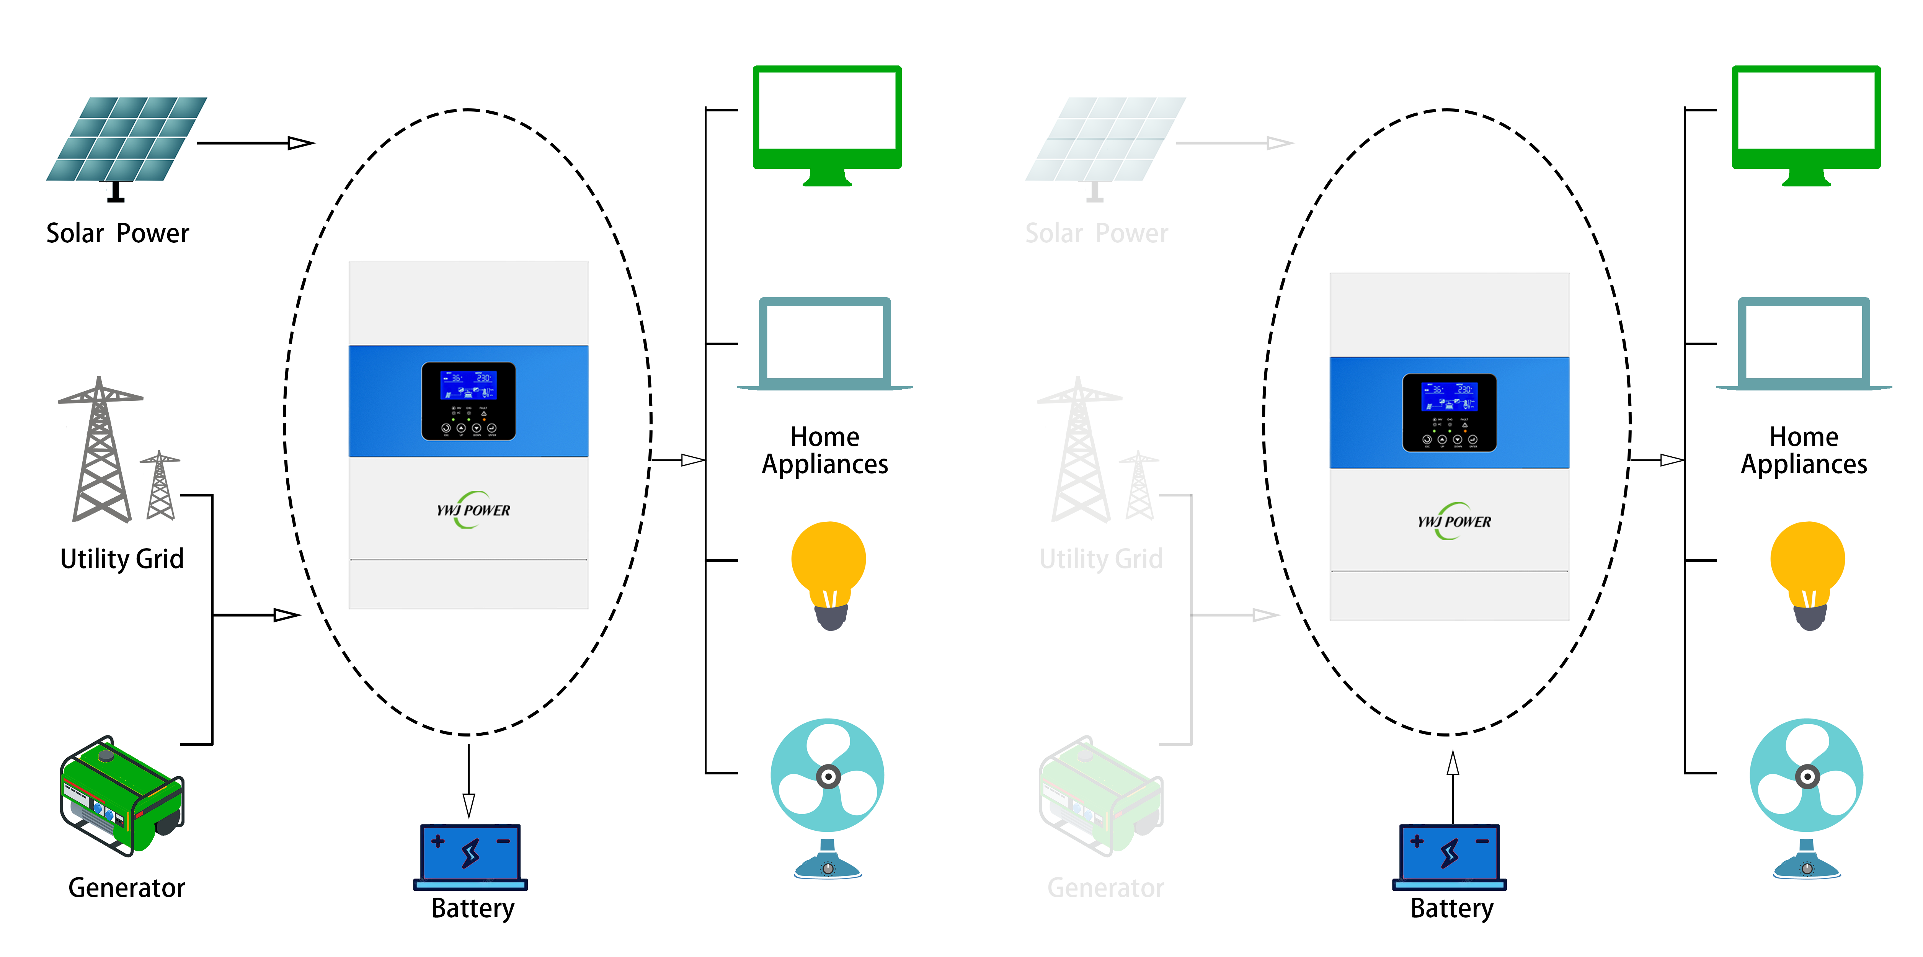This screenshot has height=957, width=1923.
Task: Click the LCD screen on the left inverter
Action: pos(468,385)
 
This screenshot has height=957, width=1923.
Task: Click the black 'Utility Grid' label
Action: pos(122,559)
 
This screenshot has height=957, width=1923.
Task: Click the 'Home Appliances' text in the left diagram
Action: pos(825,450)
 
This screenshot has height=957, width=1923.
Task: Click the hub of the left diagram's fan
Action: pos(828,776)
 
